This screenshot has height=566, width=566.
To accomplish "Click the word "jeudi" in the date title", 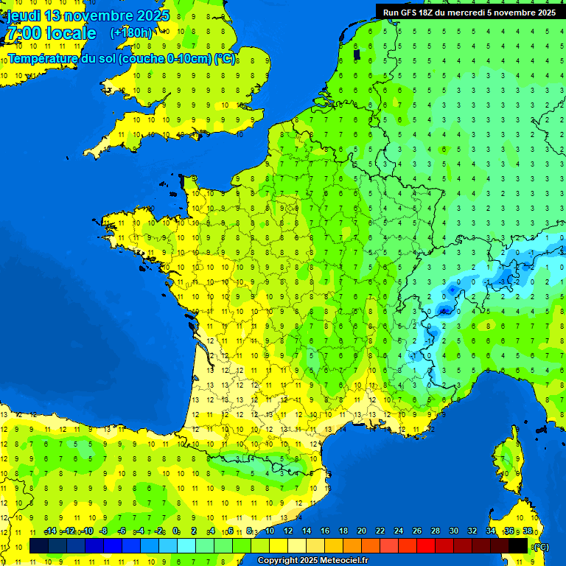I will tap(24, 15).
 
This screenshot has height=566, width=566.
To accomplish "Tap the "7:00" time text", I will tap(21, 33).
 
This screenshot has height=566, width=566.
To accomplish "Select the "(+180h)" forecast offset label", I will tap(131, 33).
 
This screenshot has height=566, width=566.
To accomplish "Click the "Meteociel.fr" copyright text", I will tap(344, 561).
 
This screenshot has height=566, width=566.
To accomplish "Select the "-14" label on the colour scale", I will tap(50, 531).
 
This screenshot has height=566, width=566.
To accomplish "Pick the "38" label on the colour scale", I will tap(527, 531).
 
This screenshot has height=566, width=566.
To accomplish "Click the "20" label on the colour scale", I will tap(361, 531).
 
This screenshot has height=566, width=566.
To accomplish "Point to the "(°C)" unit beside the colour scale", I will tap(541, 546).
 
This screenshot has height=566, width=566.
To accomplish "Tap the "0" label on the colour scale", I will tap(175, 531).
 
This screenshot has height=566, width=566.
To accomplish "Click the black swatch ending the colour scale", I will tap(518, 545).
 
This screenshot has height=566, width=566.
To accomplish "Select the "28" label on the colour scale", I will tap(435, 531).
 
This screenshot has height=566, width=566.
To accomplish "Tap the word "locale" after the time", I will tap(71, 33).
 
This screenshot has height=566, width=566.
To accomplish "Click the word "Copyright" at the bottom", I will tap(277, 561).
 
